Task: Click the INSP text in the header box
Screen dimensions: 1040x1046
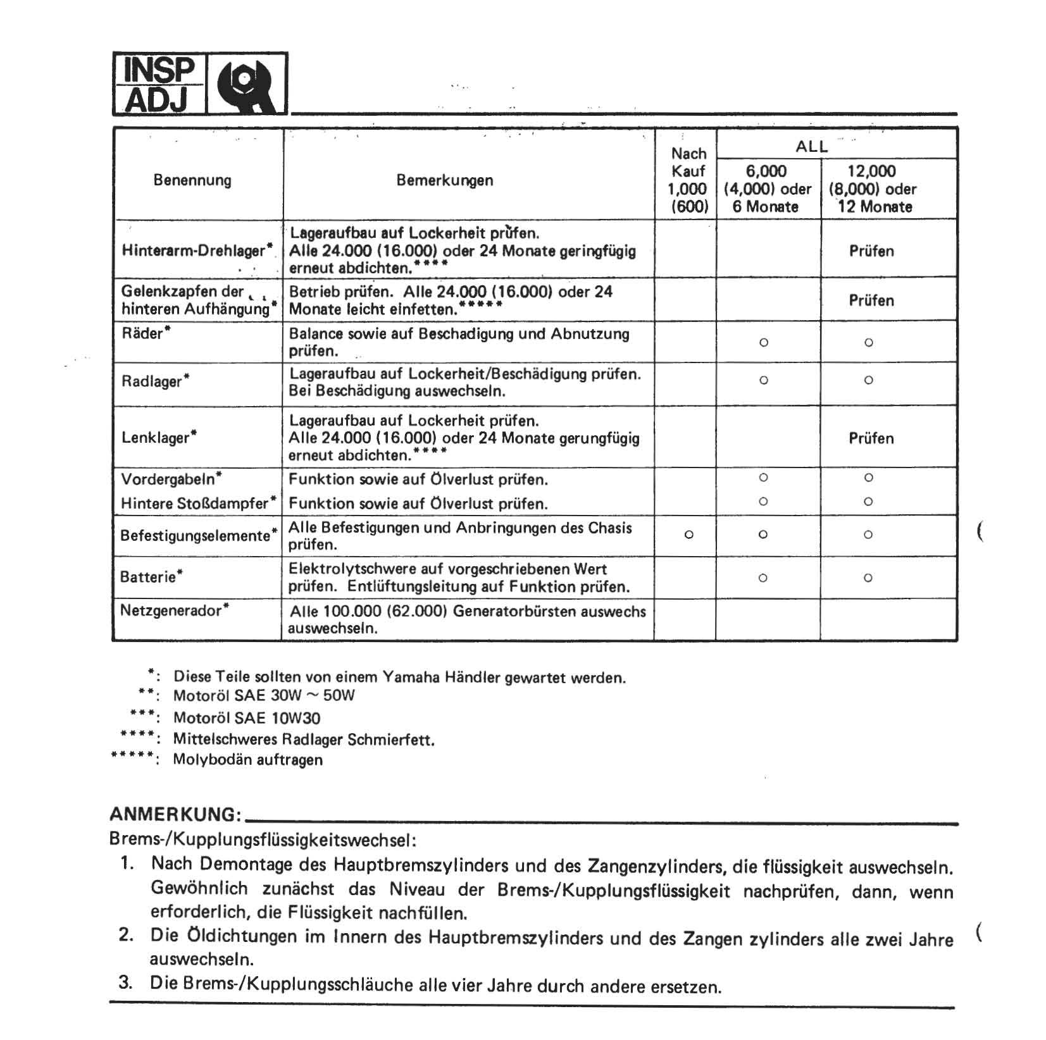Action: [x=159, y=69]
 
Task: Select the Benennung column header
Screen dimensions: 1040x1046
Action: [x=192, y=180]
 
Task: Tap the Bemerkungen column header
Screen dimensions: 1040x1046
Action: [x=444, y=180]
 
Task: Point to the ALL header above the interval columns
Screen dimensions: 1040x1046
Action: [x=811, y=147]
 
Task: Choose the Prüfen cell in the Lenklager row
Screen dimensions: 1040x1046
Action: [x=871, y=438]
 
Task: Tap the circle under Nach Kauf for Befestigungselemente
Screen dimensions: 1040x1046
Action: [x=689, y=535]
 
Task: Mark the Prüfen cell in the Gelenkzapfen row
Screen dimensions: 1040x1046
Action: [x=871, y=300]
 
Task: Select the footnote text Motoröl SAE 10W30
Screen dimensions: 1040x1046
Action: [x=246, y=718]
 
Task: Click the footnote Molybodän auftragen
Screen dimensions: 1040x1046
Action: [x=247, y=760]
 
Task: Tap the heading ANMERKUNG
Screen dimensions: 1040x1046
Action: [x=174, y=814]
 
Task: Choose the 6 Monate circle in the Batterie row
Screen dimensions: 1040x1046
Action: [x=763, y=578]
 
